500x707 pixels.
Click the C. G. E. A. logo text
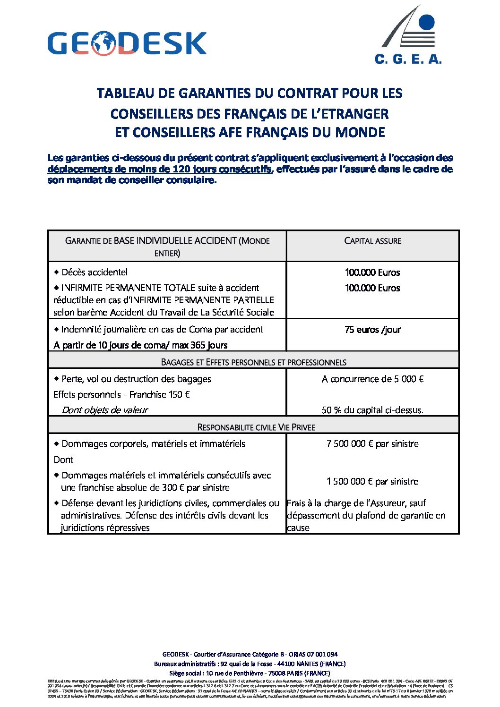point(408,59)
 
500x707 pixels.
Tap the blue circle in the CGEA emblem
point(426,22)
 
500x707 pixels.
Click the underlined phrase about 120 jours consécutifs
point(160,169)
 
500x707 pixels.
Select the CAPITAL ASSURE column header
point(372,241)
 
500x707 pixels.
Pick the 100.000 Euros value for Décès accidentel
point(372,273)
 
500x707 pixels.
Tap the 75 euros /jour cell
point(372,330)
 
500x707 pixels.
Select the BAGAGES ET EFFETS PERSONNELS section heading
point(253,362)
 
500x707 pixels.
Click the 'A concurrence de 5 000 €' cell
point(372,379)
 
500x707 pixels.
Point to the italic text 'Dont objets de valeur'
point(105,410)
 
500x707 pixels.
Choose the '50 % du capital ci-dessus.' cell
point(372,410)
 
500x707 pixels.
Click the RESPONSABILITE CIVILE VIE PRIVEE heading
point(256,427)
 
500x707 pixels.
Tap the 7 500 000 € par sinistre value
point(372,443)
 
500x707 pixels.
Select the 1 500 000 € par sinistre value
point(372,481)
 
